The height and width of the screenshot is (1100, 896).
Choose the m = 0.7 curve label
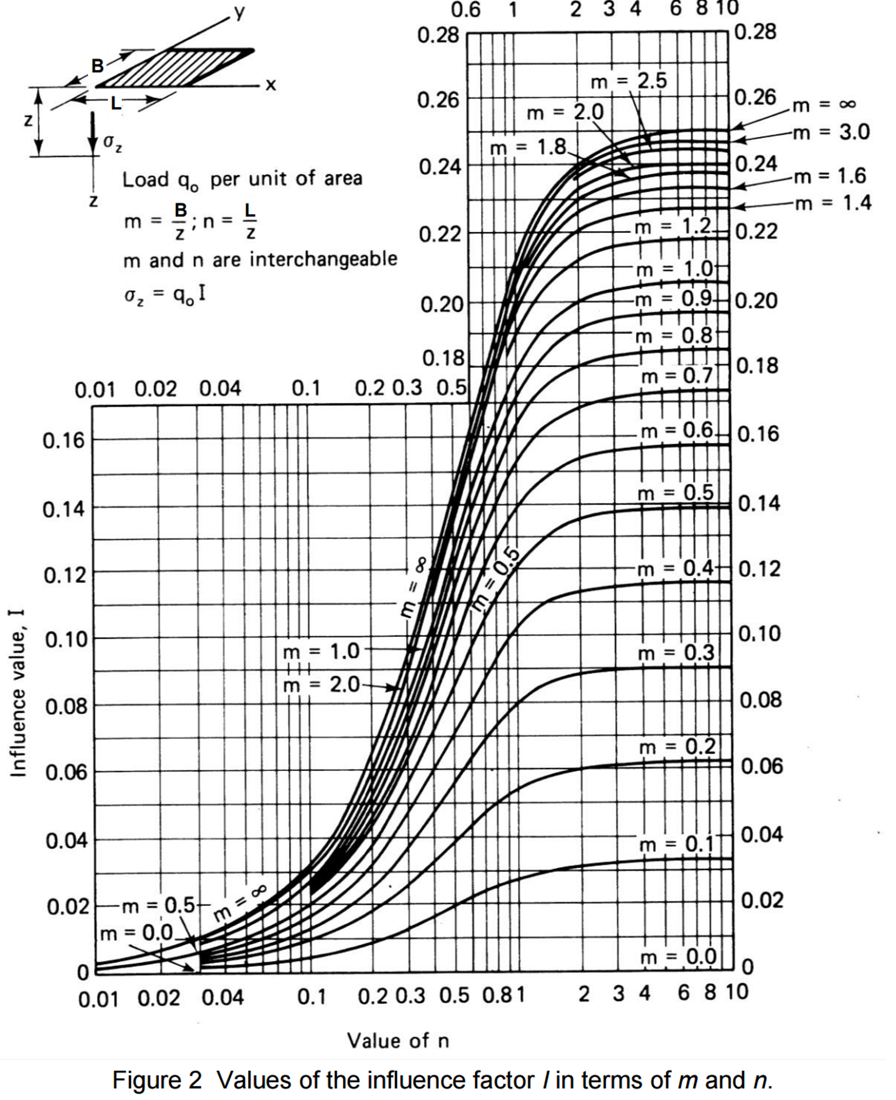click(676, 376)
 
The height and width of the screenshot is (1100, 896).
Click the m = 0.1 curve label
click(676, 844)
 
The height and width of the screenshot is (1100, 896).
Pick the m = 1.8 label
click(528, 147)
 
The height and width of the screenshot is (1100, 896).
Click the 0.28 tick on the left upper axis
click(438, 35)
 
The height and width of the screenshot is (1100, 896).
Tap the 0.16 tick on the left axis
click(64, 440)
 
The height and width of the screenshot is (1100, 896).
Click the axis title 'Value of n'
click(397, 1041)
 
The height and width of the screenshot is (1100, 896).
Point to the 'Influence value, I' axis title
click(18, 694)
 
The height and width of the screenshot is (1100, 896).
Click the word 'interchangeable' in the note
click(323, 259)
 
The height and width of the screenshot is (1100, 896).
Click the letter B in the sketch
click(97, 66)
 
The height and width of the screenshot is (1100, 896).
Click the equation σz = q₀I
click(165, 294)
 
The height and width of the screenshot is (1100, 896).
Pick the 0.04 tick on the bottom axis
click(223, 998)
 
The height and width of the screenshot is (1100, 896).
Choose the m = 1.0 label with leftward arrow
click(321, 651)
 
